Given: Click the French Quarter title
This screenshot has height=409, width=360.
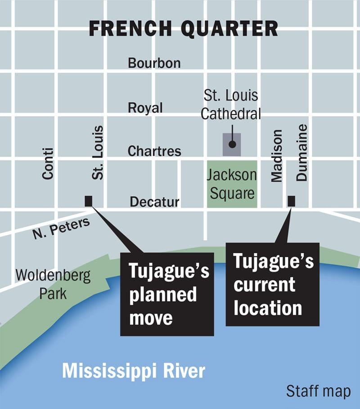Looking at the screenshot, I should (183, 28).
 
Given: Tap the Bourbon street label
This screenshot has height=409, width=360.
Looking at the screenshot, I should (154, 63).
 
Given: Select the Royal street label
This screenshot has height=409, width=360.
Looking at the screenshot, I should (145, 108).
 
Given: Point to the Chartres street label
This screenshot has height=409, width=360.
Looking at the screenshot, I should (154, 151).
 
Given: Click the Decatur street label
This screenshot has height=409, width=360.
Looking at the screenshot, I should (154, 202).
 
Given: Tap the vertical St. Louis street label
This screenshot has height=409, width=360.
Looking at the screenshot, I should (98, 153).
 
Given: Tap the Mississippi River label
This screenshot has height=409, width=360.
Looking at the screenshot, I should (134, 371).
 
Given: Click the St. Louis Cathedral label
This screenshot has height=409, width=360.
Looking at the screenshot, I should (231, 105).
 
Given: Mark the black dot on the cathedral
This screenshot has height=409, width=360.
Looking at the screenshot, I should (232, 145).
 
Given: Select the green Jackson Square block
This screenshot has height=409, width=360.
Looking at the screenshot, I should (232, 184).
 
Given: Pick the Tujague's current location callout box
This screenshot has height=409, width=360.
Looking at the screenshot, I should (273, 285).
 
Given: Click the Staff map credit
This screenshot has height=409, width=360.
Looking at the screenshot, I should (318, 391).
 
